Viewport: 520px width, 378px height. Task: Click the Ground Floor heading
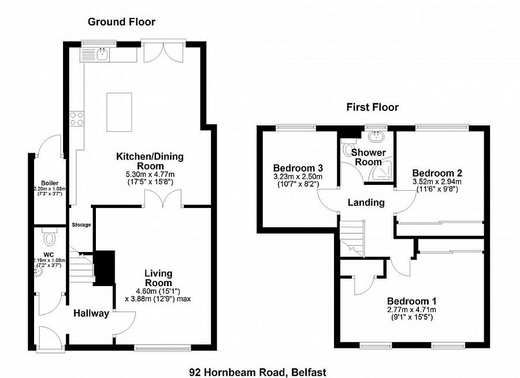121,22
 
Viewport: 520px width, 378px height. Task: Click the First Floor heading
373,107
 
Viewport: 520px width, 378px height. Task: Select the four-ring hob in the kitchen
76,118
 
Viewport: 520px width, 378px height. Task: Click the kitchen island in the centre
120,111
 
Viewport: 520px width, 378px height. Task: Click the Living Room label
158,278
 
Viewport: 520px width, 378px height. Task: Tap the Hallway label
91,314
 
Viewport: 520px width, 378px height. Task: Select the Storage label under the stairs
81,225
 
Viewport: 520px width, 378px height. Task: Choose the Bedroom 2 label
436,173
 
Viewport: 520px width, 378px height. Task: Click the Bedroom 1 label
411,301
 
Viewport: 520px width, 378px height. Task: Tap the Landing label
366,203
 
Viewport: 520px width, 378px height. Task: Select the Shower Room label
369,157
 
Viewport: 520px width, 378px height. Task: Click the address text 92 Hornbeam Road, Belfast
254,372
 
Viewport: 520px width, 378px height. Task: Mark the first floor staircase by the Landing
351,237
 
